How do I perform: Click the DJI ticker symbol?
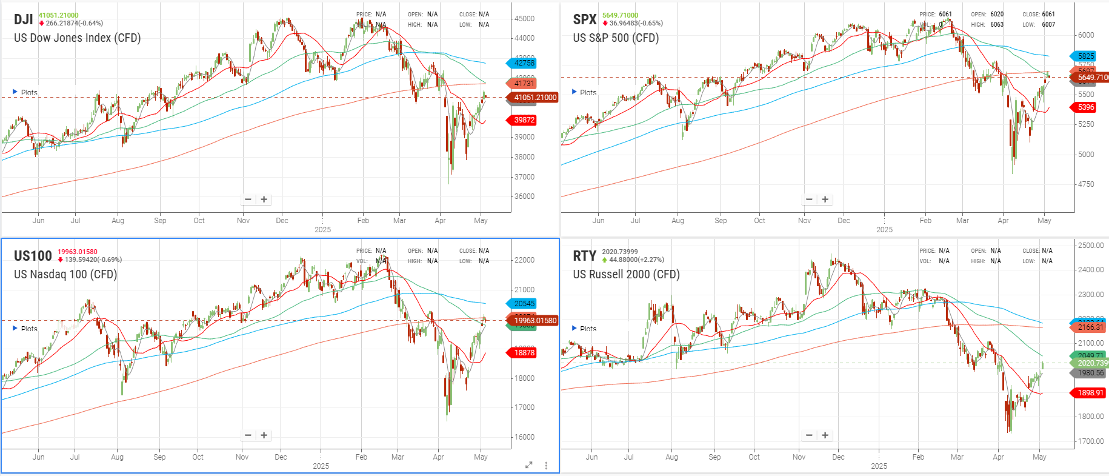[23, 19]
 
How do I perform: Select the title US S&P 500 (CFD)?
[616, 38]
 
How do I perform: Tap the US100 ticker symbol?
[33, 256]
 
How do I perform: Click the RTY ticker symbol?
[584, 256]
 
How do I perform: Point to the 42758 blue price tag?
[524, 63]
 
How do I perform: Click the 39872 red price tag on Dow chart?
[524, 120]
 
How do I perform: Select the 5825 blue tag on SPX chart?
[1085, 56]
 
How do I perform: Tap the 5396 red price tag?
[1085, 107]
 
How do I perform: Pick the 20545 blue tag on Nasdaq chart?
[524, 304]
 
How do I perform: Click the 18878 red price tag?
[524, 353]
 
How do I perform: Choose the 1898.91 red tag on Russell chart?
[1090, 393]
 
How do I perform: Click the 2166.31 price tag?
[1090, 327]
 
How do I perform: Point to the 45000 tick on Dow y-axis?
[524, 19]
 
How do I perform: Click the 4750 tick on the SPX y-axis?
[1086, 184]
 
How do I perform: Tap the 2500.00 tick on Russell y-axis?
[1091, 246]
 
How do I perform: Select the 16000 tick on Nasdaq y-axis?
[524, 437]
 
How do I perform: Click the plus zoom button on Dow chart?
[264, 199]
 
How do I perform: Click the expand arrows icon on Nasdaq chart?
[528, 465]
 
